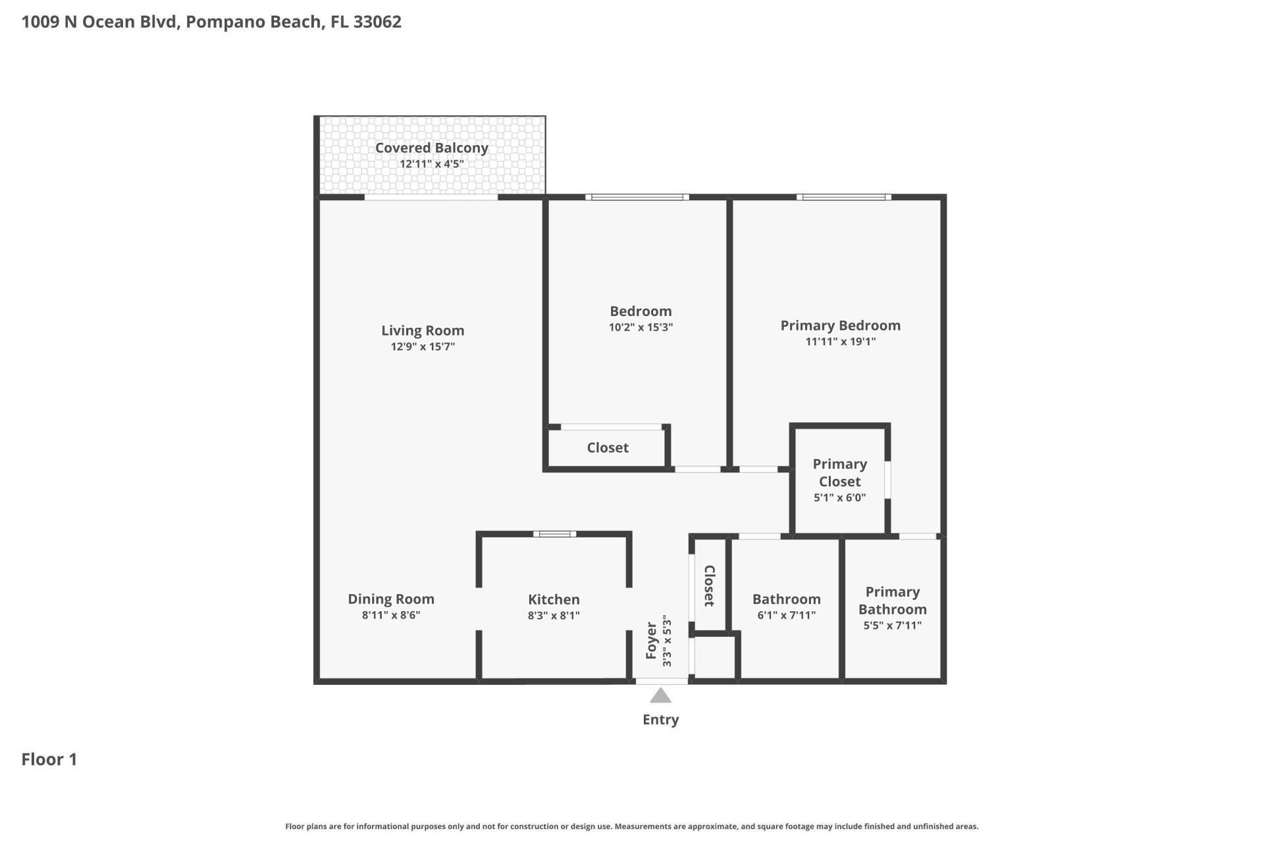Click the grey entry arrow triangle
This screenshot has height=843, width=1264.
660,696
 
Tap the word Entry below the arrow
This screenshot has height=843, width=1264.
660,719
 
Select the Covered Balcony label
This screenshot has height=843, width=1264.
431,148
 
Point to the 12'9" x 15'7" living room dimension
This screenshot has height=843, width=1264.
423,346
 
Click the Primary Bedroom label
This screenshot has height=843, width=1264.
840,325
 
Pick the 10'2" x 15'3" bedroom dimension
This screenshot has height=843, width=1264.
641,327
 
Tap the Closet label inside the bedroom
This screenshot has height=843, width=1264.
607,448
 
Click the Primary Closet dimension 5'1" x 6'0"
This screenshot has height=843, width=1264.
839,498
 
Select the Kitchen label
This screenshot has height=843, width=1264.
554,599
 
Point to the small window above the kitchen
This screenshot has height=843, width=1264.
554,534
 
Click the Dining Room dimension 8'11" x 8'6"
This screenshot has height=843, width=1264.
390,615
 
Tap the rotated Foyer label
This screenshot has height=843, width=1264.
652,640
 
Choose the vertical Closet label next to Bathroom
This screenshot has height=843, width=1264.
709,585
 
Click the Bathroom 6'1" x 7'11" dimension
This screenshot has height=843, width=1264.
786,615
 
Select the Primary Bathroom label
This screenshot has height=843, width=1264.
892,600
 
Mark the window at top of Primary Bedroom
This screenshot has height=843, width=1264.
843,197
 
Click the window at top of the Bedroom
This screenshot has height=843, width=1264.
637,197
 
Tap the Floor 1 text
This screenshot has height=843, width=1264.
49,759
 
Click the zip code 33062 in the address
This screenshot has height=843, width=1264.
377,22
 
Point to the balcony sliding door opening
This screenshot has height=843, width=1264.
431,197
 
